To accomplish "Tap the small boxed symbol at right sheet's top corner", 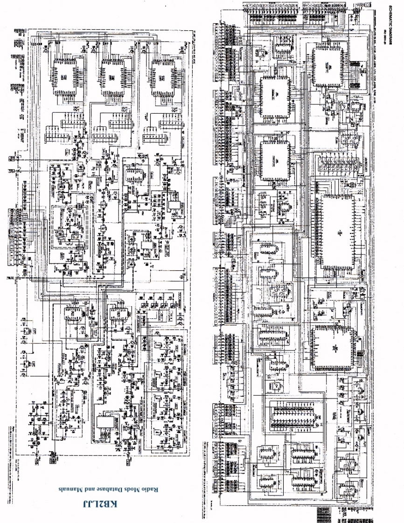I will (368, 6).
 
